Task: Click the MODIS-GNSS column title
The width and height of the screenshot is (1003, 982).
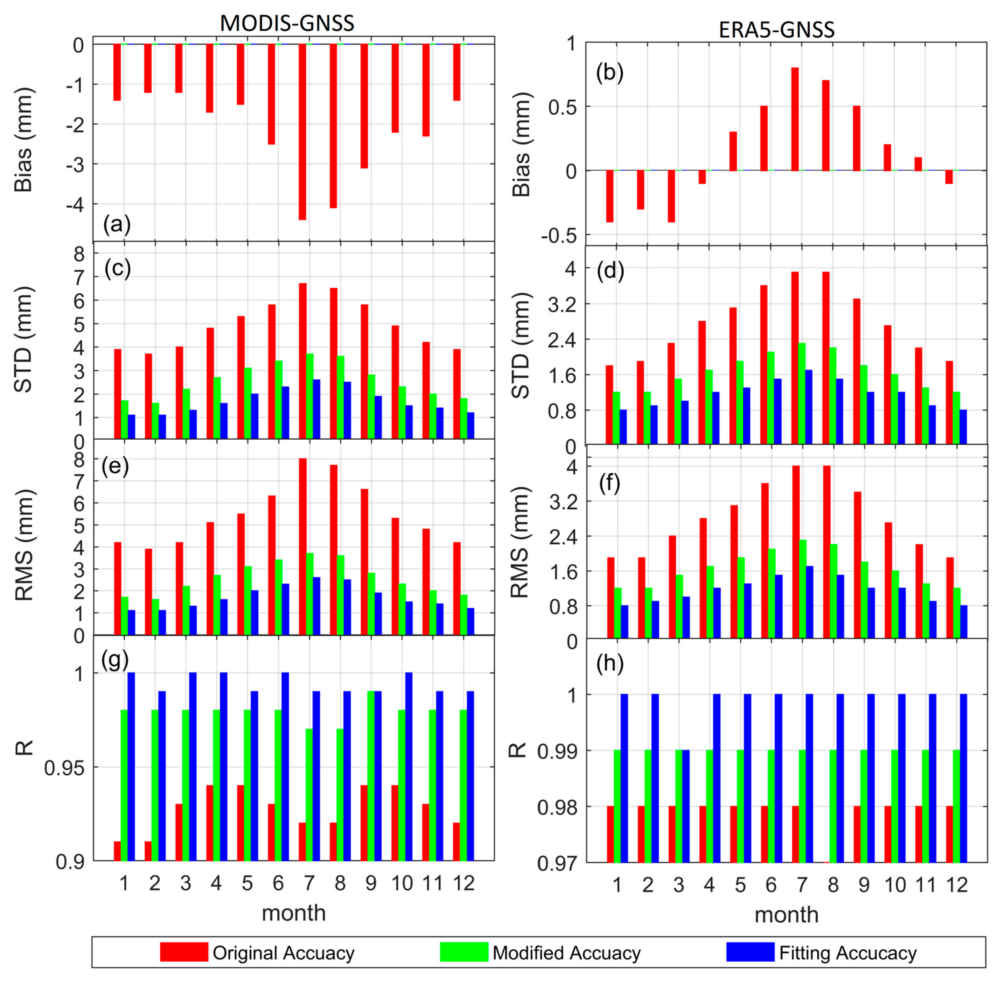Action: [287, 23]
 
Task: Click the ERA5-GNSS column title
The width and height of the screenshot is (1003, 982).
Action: [776, 30]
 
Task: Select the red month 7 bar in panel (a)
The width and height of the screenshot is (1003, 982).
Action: [302, 132]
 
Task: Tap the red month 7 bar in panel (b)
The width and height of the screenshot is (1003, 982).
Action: [795, 119]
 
